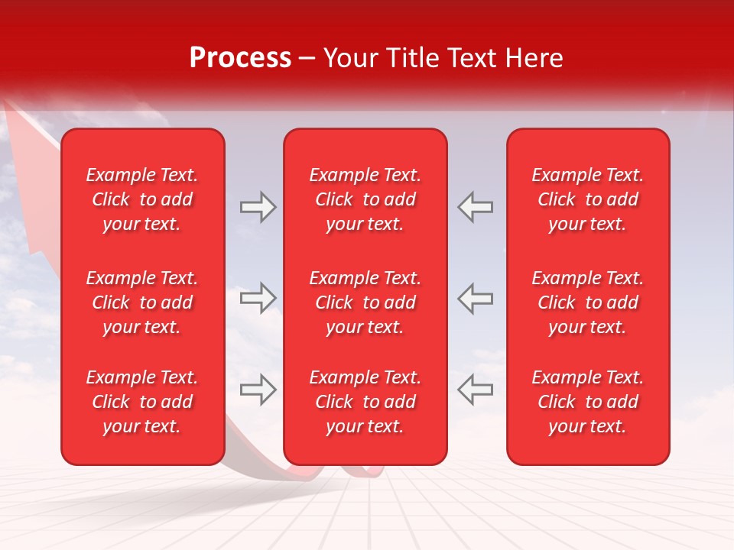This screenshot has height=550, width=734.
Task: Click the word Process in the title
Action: coord(240,58)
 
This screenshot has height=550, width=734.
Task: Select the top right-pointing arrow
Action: coord(258,207)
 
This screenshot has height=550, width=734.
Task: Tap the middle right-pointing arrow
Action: coord(258,298)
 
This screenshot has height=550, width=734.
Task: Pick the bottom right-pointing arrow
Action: coord(258,390)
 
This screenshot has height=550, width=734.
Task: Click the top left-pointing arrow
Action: coord(475,207)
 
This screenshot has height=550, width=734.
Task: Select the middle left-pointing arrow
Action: coord(475,298)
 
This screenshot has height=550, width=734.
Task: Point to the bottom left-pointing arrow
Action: coord(475,390)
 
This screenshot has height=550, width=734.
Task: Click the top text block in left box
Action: coord(142,199)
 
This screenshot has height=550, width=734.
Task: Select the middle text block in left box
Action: coord(142,302)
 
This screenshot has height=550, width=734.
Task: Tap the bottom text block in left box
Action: coord(142,402)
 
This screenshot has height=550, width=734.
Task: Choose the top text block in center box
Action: coord(365,199)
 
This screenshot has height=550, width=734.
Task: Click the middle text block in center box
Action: coord(365,302)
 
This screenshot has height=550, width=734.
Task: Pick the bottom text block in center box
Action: coord(365,402)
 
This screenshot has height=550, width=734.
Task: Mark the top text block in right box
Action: coord(588,199)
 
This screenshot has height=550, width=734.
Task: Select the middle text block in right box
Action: coord(588,302)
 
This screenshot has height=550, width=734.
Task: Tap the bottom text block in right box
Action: coord(588,402)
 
